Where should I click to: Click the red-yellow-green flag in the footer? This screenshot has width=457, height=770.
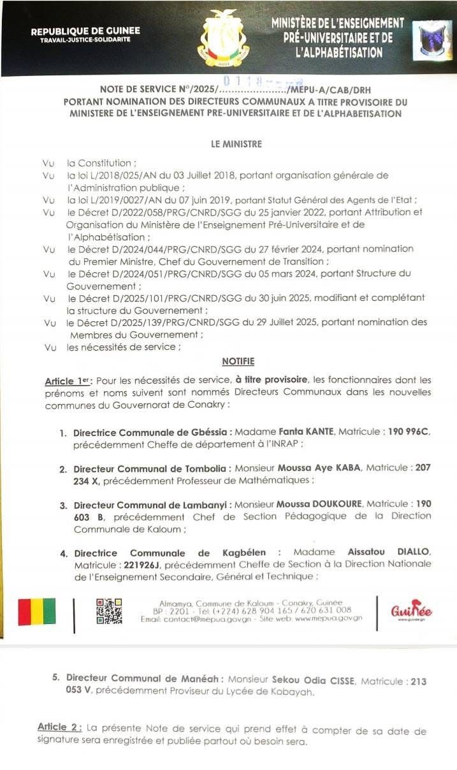pyautogui.click(x=36, y=612)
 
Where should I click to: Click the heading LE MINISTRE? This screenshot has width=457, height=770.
pyautogui.click(x=236, y=144)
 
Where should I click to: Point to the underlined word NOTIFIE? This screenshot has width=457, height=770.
pyautogui.click(x=238, y=361)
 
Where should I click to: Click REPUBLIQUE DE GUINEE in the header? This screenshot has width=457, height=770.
pyautogui.click(x=85, y=31)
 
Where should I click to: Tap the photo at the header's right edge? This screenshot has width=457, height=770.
pyautogui.click(x=432, y=40)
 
